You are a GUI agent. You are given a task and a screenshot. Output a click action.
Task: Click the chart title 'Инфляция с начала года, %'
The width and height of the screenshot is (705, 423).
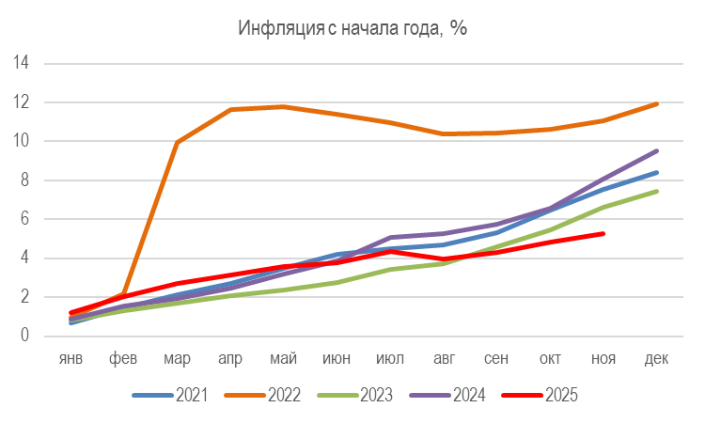pos(352,27)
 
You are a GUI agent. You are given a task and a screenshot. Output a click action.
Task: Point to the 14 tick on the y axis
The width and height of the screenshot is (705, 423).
pos(22,63)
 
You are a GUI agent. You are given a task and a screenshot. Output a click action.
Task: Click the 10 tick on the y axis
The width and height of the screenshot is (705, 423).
pos(22,141)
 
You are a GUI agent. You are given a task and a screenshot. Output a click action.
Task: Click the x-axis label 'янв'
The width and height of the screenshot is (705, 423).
pos(71,360)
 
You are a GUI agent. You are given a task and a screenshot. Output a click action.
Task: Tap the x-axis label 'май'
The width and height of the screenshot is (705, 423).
pos(284,360)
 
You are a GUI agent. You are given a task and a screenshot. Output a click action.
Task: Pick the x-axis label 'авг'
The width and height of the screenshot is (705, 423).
pos(443,360)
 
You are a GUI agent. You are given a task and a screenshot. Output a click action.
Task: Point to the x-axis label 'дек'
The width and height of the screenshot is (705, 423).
pos(655,360)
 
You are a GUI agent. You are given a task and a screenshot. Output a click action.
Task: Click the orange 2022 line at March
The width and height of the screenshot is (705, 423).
pos(178,143)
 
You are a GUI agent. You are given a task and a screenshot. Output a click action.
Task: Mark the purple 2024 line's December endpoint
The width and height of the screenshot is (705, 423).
pos(656,150)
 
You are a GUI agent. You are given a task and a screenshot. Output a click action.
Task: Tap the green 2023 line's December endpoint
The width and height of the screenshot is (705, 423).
pos(656,191)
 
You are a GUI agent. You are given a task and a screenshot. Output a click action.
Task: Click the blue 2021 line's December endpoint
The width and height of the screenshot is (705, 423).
pos(656,172)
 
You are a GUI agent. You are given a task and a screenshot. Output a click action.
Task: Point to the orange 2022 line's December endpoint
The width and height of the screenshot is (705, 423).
pos(656,103)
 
